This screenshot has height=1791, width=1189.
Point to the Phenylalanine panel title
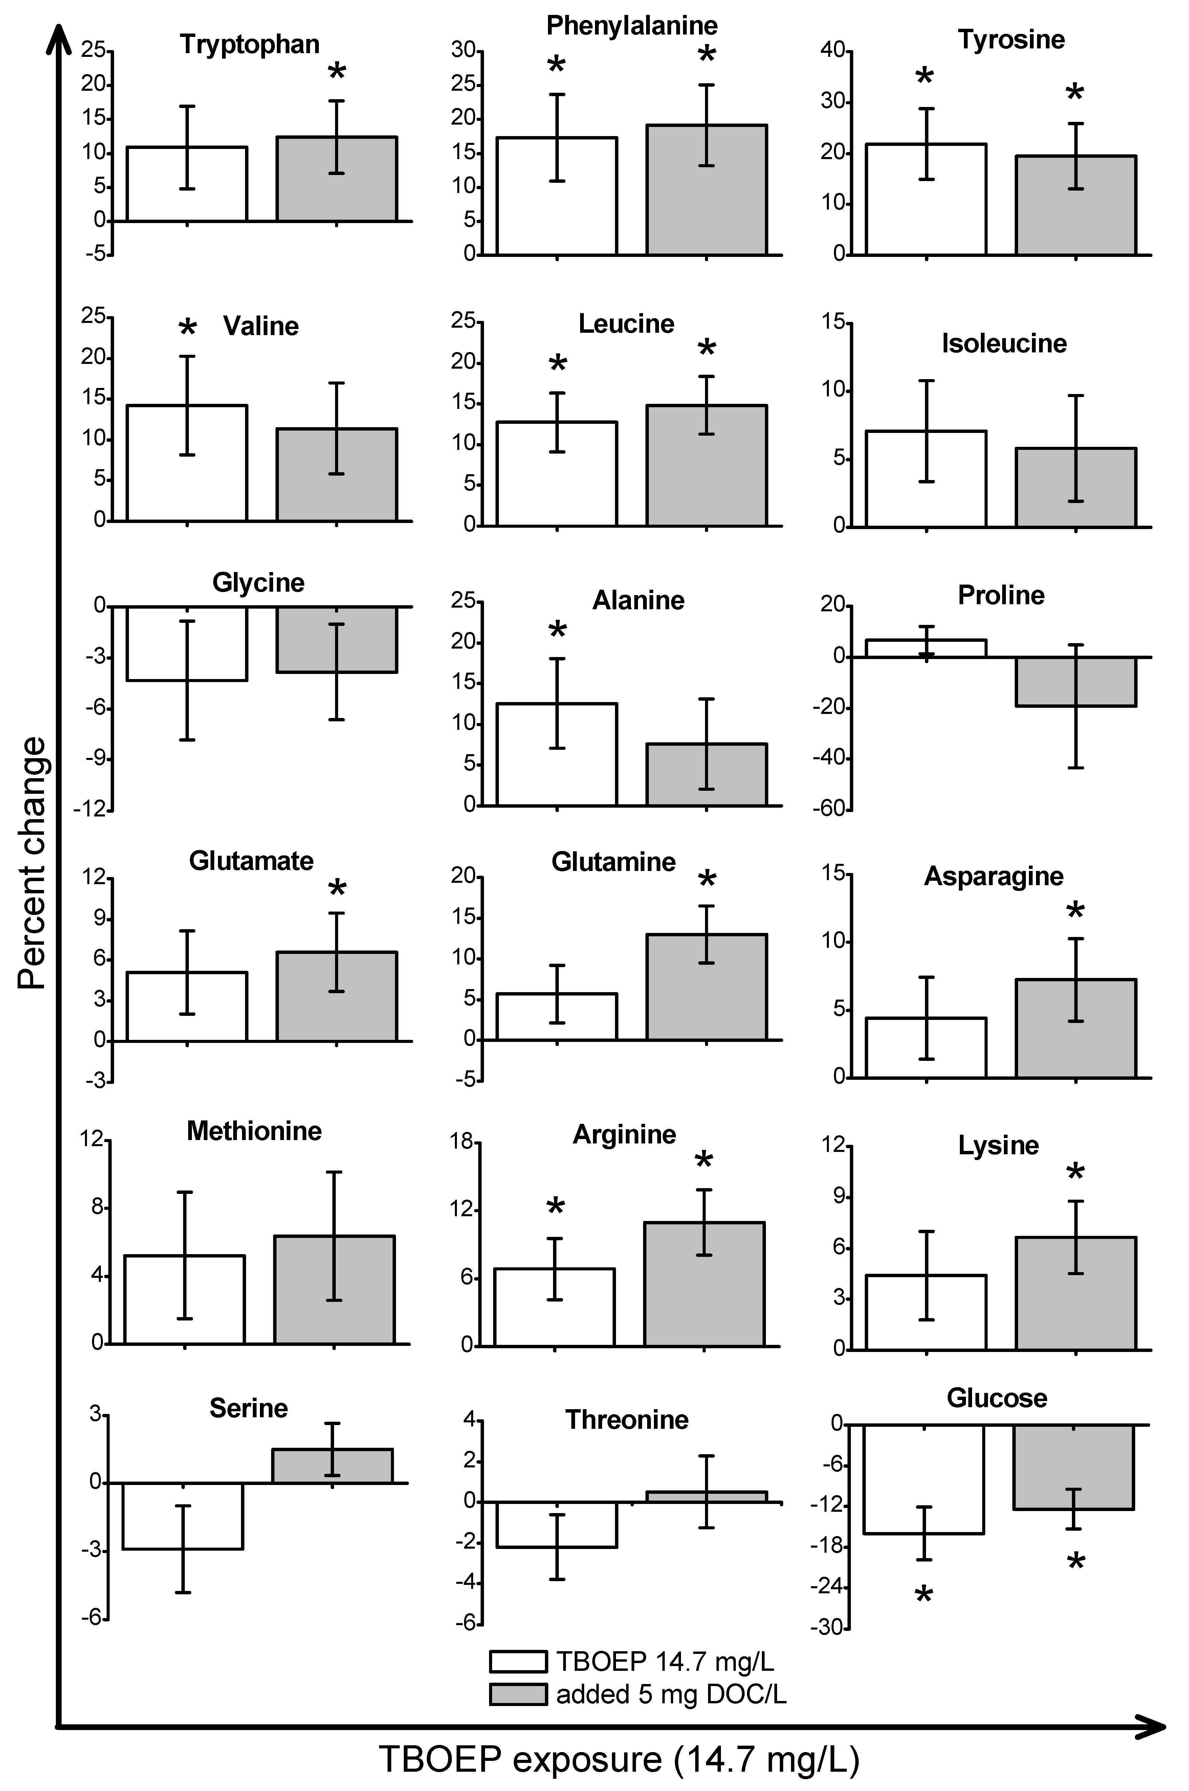click(632, 26)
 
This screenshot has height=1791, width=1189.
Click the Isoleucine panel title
click(1004, 344)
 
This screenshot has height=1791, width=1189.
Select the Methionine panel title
click(254, 1131)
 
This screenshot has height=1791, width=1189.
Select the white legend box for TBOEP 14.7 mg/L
click(518, 1661)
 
